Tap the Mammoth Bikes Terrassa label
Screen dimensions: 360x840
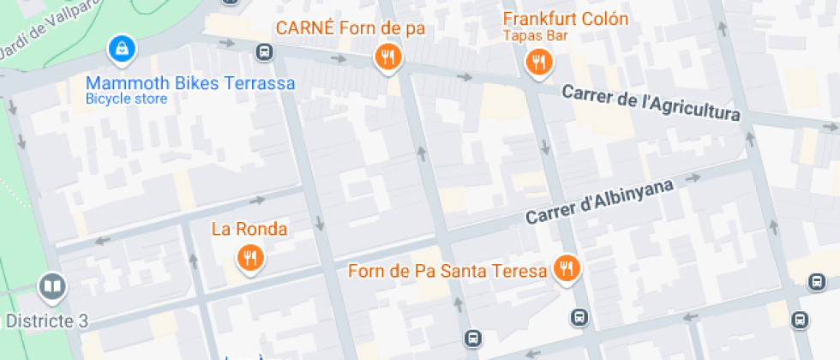(190, 83)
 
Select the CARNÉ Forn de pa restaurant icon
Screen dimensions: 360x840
(388, 57)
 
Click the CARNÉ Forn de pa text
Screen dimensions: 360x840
(350, 28)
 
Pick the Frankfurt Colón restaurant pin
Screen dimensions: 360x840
(538, 61)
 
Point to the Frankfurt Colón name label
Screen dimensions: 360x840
(565, 19)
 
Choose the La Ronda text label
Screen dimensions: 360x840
(249, 229)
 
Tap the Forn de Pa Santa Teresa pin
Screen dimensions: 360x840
(566, 269)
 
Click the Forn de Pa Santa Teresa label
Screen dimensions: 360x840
(447, 271)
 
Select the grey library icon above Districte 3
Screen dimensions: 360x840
(51, 286)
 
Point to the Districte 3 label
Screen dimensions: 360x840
(47, 321)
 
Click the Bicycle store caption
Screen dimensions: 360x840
(126, 99)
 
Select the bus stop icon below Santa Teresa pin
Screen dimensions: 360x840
(579, 317)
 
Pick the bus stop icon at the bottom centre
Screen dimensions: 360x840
(471, 338)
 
